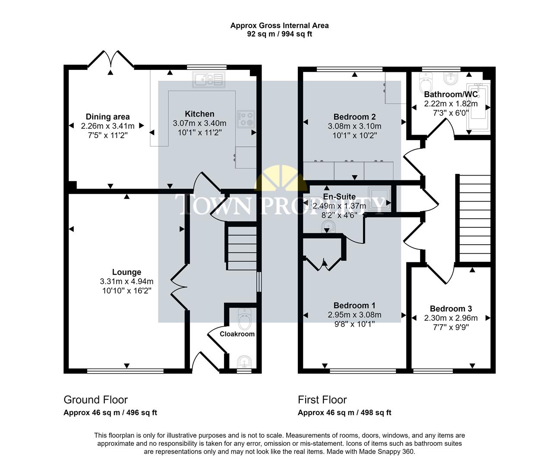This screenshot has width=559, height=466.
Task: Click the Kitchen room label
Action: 199,114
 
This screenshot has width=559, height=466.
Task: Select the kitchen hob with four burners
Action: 246,119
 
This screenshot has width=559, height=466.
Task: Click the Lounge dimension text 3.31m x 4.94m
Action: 126,281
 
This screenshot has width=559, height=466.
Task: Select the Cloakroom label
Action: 237,334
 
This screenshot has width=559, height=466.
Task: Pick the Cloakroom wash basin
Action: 244,361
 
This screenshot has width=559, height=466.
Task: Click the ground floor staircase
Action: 241,248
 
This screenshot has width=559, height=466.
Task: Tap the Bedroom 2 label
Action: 354,117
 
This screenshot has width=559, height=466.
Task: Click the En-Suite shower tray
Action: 379,199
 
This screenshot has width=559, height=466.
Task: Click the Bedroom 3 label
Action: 451,309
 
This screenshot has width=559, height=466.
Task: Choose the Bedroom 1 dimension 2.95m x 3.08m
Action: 354,315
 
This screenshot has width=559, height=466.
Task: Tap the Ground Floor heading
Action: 95,400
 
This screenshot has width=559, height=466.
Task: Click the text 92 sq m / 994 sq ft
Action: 279,34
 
